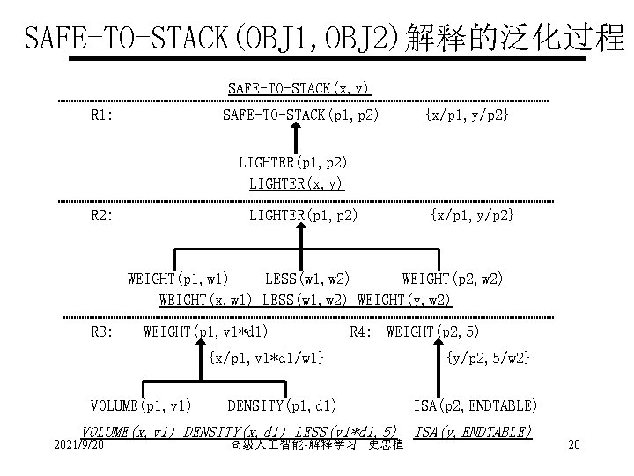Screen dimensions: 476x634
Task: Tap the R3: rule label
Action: point(103,331)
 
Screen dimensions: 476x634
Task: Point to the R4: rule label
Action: point(362,331)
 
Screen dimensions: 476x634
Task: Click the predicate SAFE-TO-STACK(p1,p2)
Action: point(300,115)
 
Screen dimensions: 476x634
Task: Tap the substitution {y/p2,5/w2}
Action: point(488,357)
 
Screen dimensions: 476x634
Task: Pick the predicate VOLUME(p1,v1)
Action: point(141,405)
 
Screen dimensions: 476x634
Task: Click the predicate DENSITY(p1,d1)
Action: point(282,405)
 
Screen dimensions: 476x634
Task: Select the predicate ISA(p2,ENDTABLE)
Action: point(475,405)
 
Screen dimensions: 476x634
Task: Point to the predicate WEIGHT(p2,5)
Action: point(432,331)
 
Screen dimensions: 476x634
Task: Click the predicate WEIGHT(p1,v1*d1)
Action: point(206,331)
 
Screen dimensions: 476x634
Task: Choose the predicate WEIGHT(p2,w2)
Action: point(453,279)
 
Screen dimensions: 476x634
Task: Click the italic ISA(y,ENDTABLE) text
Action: point(472,431)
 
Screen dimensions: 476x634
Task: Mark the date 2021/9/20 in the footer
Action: point(79,444)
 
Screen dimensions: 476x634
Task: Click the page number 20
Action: point(573,444)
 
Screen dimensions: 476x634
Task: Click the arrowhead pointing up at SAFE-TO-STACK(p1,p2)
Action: point(294,128)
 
